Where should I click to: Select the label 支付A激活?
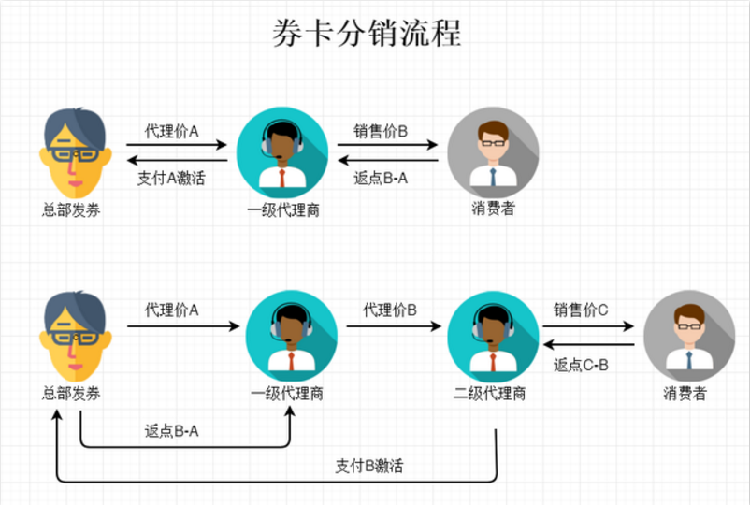tap(171, 178)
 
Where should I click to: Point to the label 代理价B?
tap(390, 310)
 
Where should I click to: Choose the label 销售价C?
tap(582, 310)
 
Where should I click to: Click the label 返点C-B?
tap(582, 365)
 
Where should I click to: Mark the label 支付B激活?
tap(369, 465)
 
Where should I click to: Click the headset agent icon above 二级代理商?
tap(487, 332)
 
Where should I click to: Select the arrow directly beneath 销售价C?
tap(587, 327)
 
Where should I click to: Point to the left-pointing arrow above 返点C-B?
tap(587, 345)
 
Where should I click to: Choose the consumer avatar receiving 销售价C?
tap(689, 332)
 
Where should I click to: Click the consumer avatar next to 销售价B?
tap(493, 151)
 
